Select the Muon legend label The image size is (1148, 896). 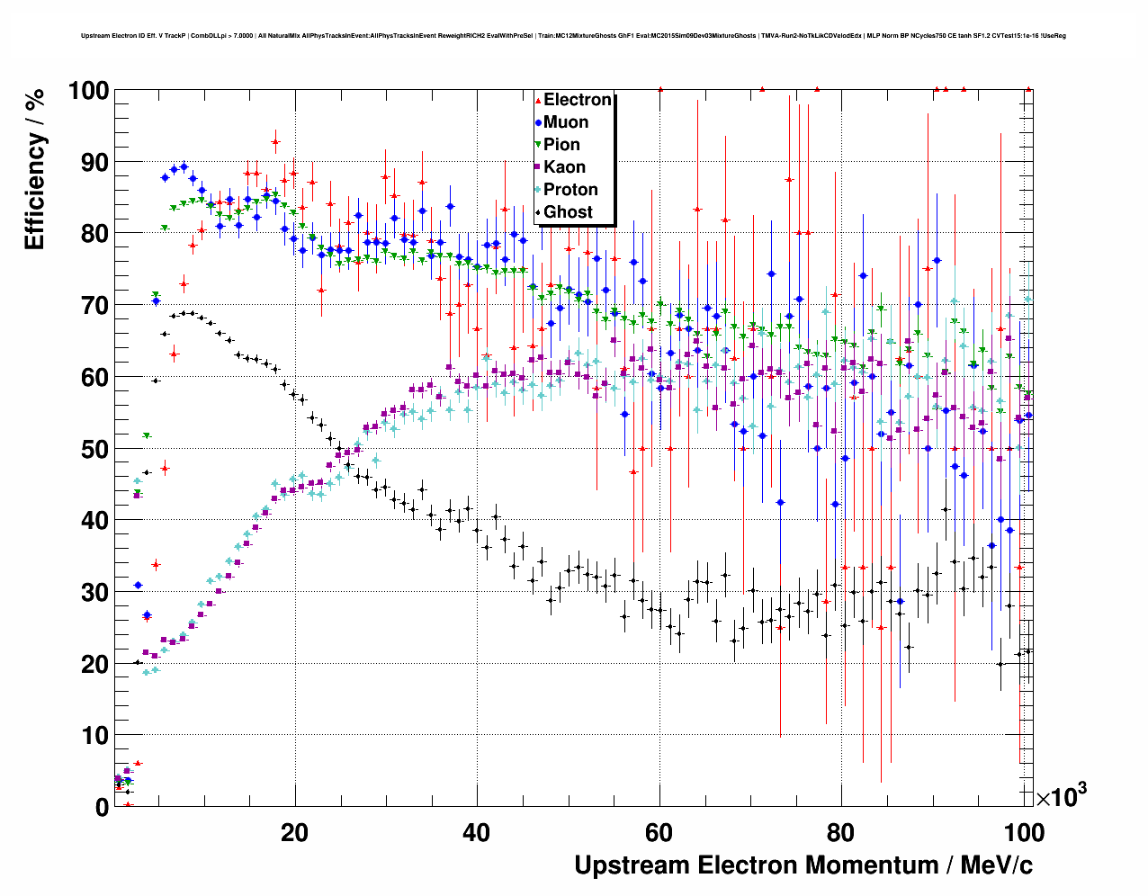coord(566,122)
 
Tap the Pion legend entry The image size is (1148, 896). coord(561,145)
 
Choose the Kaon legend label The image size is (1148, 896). coord(564,167)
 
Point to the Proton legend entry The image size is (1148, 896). coord(570,190)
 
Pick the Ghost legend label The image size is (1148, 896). coord(568,212)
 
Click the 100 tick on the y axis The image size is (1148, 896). coord(88,91)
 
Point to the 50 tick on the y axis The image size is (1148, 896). coord(95,449)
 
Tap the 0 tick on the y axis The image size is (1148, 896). coord(102,807)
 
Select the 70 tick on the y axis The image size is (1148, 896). coord(95,306)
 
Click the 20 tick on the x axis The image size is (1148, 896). coord(294,833)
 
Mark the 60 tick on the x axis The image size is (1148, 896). coord(659,833)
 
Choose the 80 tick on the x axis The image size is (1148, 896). coord(841,833)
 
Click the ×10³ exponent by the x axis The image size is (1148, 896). coord(1062,796)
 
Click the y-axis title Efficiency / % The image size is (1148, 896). coord(35,169)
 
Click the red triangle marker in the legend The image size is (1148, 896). coord(537,100)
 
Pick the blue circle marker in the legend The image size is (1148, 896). coord(537,122)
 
